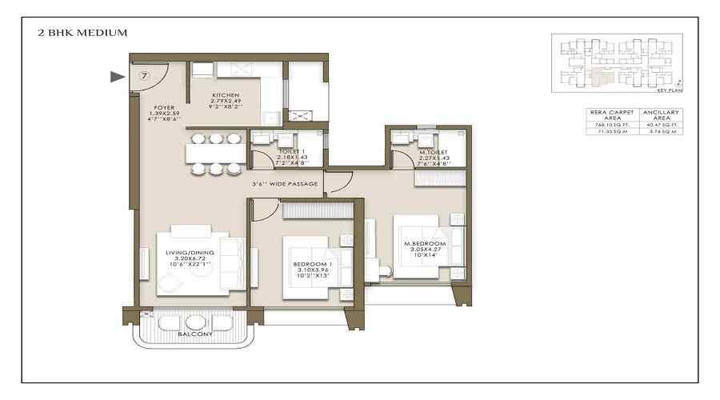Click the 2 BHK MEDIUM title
[82, 33]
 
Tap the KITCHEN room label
[226, 95]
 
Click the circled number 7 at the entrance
[144, 76]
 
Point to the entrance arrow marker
[117, 77]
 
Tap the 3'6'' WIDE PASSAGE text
[284, 185]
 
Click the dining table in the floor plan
[215, 153]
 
